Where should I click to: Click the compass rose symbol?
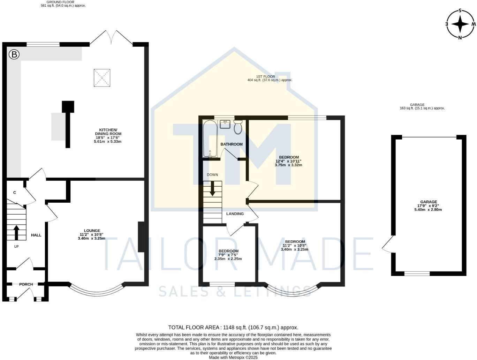[x=460, y=24]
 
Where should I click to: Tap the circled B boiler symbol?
[x=14, y=54]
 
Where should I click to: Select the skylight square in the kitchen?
[x=102, y=77]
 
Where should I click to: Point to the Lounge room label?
[x=92, y=231]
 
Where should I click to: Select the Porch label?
[x=26, y=284]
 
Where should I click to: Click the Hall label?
[x=36, y=235]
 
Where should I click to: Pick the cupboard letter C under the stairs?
[x=15, y=193]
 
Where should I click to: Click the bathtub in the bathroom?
[x=210, y=139]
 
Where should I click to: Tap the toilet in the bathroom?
[x=238, y=127]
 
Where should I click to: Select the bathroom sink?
[x=225, y=124]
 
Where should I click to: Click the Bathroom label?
[x=232, y=144]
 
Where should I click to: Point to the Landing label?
[x=235, y=214]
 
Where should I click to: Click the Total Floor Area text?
[x=233, y=328]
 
